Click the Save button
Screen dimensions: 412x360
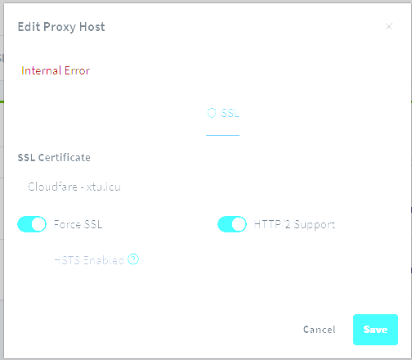(x=375, y=330)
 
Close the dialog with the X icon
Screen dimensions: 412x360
(x=389, y=26)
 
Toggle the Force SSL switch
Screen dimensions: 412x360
(x=32, y=224)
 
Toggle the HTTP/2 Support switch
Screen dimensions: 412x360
(x=232, y=224)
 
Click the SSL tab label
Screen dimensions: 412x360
(x=230, y=113)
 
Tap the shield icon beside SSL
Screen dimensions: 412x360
(x=212, y=113)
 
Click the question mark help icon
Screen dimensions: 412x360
(x=133, y=259)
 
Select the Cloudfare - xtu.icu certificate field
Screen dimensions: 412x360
(x=74, y=187)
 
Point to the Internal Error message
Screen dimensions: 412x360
(x=56, y=70)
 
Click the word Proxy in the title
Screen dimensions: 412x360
(x=60, y=27)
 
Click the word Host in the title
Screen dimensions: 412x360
(x=92, y=27)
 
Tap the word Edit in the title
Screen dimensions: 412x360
(x=29, y=27)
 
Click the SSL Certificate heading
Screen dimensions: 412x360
(x=54, y=158)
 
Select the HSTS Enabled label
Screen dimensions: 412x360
(x=89, y=260)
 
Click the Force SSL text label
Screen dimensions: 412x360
(x=78, y=224)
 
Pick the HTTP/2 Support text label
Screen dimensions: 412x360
(x=294, y=225)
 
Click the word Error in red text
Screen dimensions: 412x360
(x=77, y=70)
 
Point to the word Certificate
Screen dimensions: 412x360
(x=65, y=158)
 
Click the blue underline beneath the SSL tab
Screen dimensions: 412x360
(x=222, y=135)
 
